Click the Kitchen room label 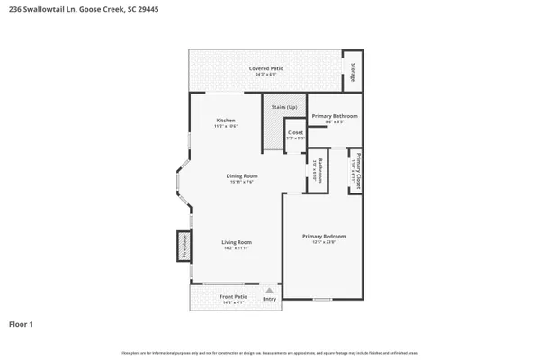tap(226, 121)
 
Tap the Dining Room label tap(242, 175)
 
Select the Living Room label tap(237, 242)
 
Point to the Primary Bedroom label tap(323, 236)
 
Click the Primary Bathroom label tap(335, 116)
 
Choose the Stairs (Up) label tap(284, 106)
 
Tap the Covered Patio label tap(265, 68)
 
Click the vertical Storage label tap(352, 76)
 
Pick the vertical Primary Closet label tap(358, 170)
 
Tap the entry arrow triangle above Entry tap(269, 289)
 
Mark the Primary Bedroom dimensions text tap(323, 241)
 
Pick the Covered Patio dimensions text tap(265, 74)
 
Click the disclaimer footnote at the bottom tap(270, 350)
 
